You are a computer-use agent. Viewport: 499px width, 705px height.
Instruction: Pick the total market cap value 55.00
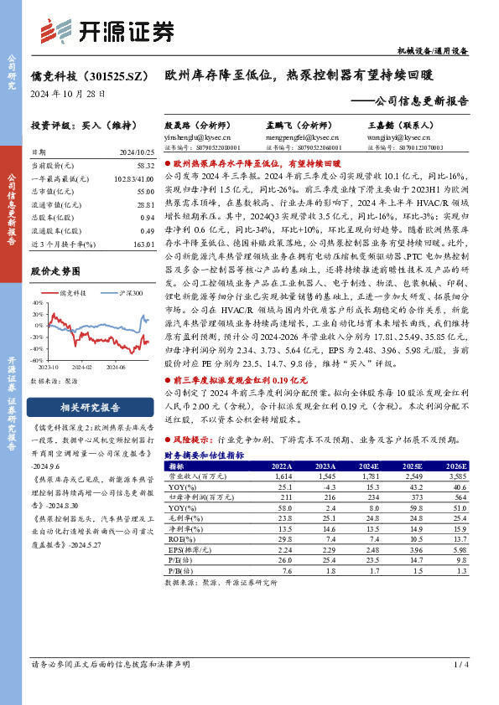144,192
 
